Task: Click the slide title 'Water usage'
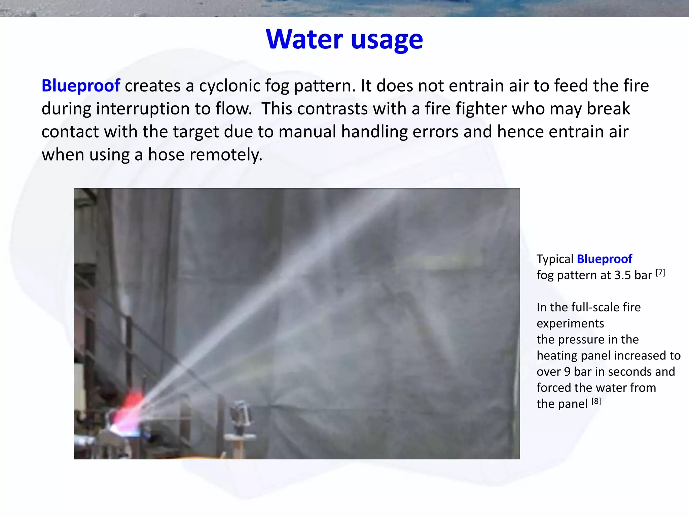coord(344,39)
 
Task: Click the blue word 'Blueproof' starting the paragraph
coord(81,85)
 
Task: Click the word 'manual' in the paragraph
coord(307,131)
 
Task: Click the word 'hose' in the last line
coord(166,154)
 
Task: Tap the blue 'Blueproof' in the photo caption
coord(604,259)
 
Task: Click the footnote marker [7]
coord(660,273)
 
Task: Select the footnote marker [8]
coord(596,401)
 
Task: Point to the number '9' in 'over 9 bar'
coord(567,372)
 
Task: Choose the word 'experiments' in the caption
coord(570,323)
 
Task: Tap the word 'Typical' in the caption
coord(555,259)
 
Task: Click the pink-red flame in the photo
coord(130,409)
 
